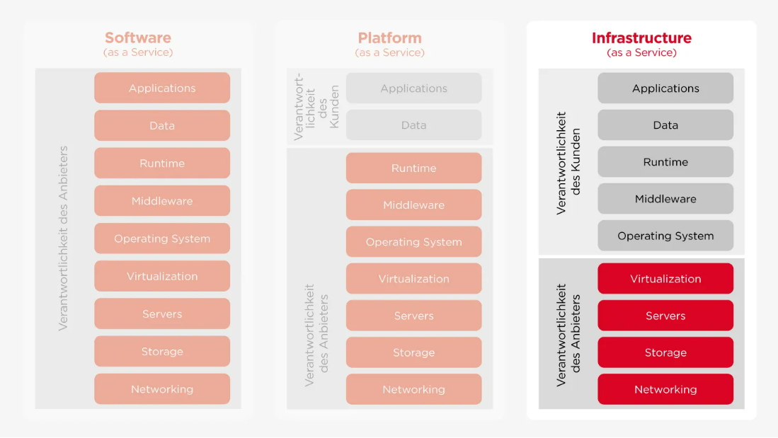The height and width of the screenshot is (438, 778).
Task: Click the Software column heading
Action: (x=138, y=38)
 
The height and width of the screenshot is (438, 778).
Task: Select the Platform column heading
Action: (x=389, y=38)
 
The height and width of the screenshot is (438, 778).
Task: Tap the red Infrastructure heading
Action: (x=641, y=38)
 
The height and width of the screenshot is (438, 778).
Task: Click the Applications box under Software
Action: (x=162, y=88)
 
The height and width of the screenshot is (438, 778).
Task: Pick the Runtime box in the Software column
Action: (x=162, y=163)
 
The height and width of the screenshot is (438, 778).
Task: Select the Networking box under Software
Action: (x=162, y=389)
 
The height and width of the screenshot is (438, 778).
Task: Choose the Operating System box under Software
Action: (x=162, y=238)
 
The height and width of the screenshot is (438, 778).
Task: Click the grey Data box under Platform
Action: (x=413, y=125)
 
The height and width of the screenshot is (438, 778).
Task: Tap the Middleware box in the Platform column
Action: (x=413, y=205)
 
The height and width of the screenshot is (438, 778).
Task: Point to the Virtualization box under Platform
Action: (x=413, y=279)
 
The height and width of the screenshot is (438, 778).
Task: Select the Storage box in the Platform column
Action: (x=413, y=352)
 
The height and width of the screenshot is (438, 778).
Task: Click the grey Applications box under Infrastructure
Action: (x=665, y=88)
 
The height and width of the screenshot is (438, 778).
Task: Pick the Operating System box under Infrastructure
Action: (x=665, y=236)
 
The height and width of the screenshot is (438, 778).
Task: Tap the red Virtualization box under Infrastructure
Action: (x=665, y=279)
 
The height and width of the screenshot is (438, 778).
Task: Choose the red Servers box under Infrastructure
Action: (x=665, y=316)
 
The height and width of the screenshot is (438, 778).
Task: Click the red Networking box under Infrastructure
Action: (x=665, y=389)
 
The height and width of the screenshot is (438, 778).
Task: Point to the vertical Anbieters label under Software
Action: (x=64, y=238)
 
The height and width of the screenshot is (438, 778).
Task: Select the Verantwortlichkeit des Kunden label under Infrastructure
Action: (x=568, y=162)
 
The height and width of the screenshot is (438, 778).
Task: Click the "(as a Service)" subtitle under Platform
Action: (x=389, y=53)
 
